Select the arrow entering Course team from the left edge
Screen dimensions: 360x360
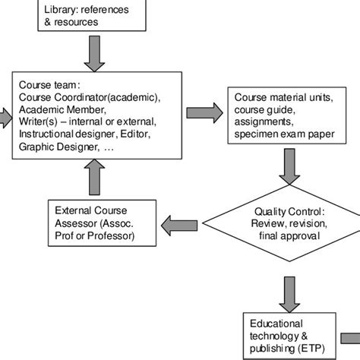[5, 116]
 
